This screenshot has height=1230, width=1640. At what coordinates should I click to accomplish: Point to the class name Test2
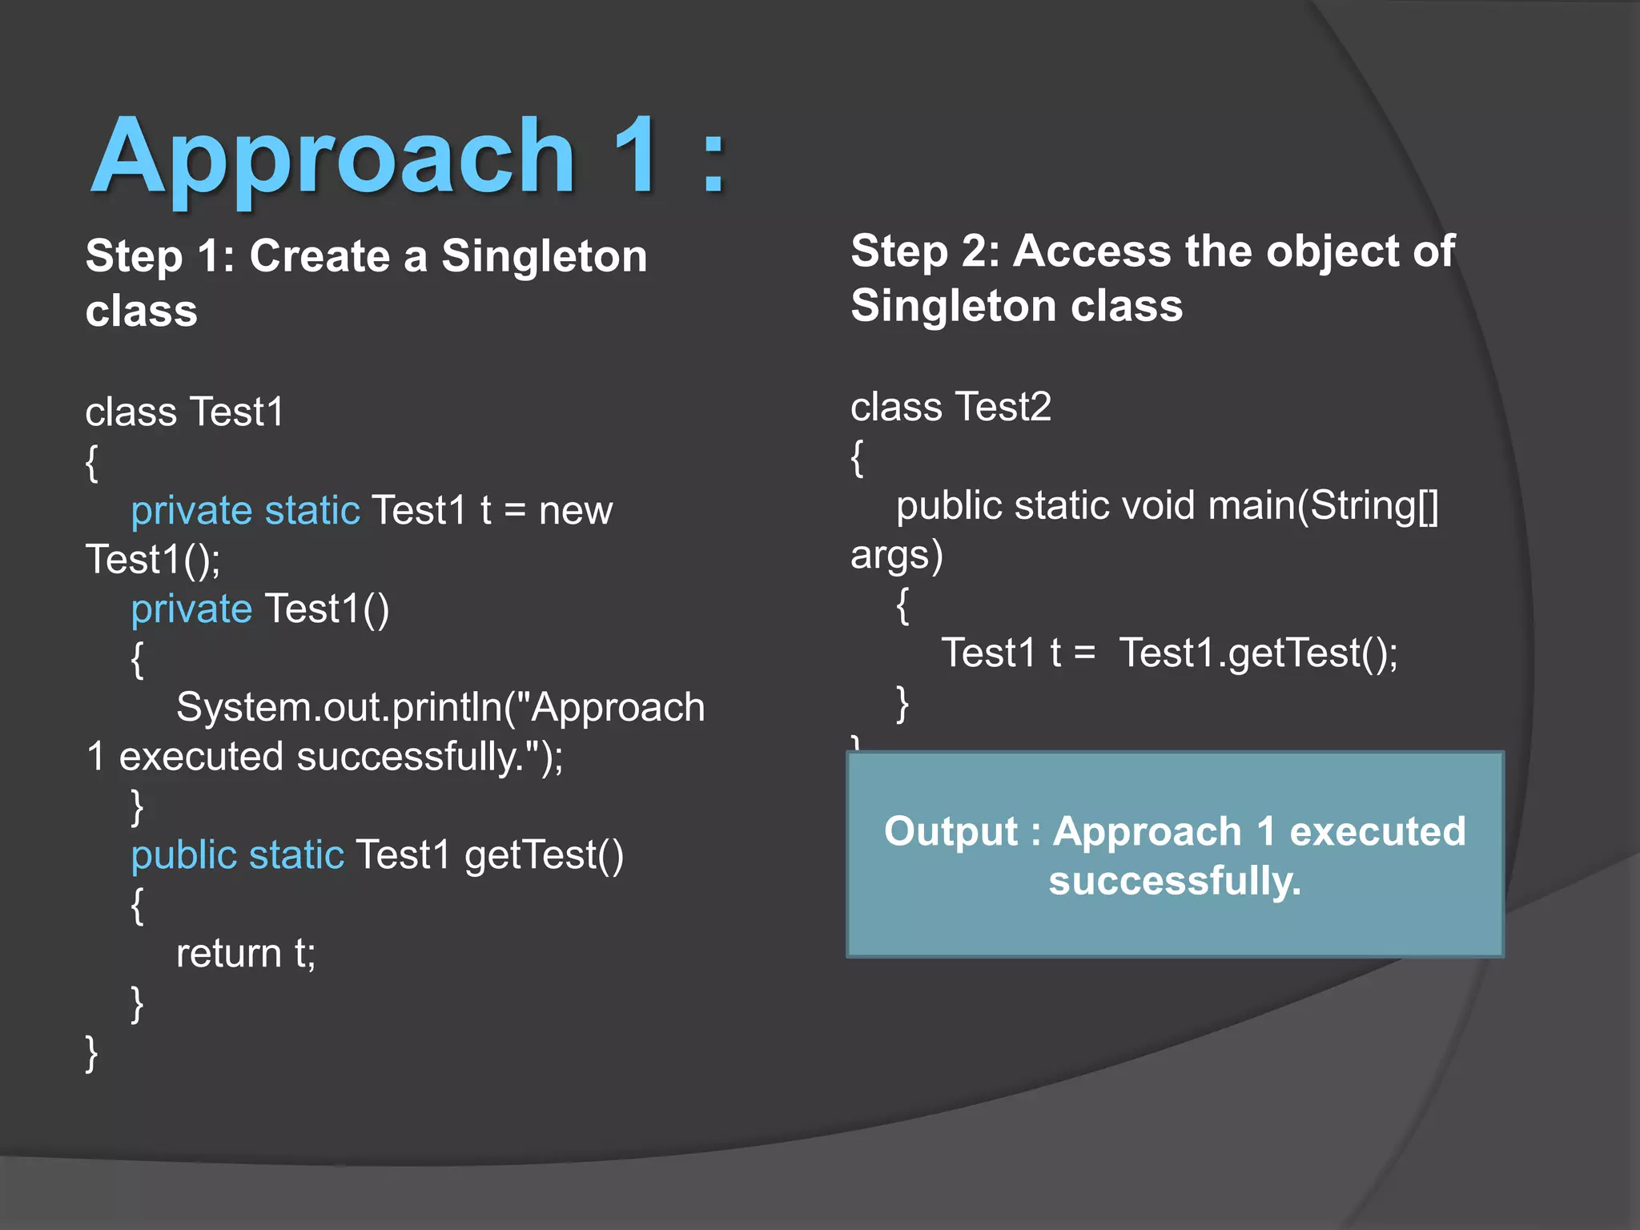1003,407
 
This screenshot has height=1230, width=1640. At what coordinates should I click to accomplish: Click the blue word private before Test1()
191,609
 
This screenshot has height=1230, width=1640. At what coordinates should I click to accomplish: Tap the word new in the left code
575,511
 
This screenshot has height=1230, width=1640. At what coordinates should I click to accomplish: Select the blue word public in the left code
183,855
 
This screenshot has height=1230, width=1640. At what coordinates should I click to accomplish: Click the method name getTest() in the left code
544,855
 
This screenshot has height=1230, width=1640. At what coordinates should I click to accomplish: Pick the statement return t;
246,954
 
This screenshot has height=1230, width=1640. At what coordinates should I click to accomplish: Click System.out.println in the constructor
340,708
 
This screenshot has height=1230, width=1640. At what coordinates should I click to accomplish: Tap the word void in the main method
1159,506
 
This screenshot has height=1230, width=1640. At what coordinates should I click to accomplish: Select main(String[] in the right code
1323,506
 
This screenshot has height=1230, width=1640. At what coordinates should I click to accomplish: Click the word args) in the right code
896,556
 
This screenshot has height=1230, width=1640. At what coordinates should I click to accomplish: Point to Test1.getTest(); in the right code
1258,653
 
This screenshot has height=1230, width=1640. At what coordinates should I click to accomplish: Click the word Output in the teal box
951,831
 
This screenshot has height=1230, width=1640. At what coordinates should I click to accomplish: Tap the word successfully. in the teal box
1175,881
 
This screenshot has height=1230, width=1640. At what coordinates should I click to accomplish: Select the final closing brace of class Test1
91,1052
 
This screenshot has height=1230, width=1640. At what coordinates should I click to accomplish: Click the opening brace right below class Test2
857,458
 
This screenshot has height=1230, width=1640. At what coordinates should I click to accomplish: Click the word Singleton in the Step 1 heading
544,256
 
